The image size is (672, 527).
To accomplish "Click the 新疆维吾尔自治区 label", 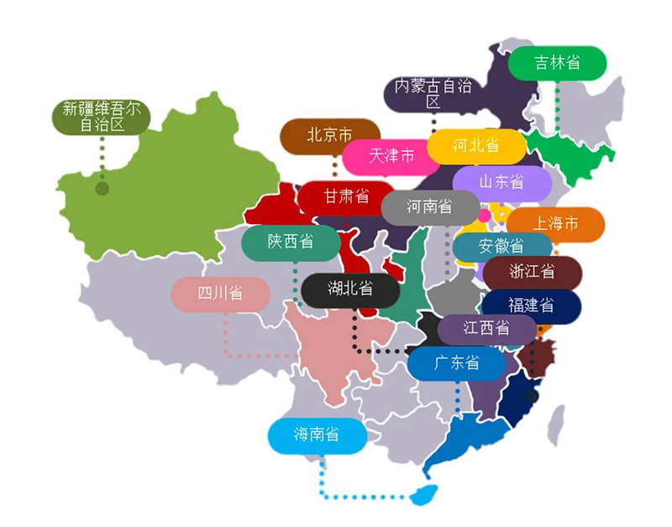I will coord(101,117).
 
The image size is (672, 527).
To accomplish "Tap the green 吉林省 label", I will coord(559,63).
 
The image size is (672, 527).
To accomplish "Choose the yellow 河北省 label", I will coord(476,145).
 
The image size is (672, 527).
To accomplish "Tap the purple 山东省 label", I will coord(501,181).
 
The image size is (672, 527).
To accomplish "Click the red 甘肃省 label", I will coord(347,196).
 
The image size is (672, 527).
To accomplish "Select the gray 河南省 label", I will coord(429,206).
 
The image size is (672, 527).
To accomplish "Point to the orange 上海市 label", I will coord(555,224).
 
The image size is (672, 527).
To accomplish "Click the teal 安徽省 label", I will coord(501,246).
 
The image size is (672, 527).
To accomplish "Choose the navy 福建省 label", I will coord(531,305).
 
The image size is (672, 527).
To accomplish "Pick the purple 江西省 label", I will coord(486,328).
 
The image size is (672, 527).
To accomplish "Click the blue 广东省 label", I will coord(456,363).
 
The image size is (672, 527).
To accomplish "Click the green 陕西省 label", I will coord(291,242).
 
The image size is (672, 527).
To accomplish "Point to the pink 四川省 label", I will coord(220,294).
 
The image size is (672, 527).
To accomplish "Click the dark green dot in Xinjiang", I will coord(102,189).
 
